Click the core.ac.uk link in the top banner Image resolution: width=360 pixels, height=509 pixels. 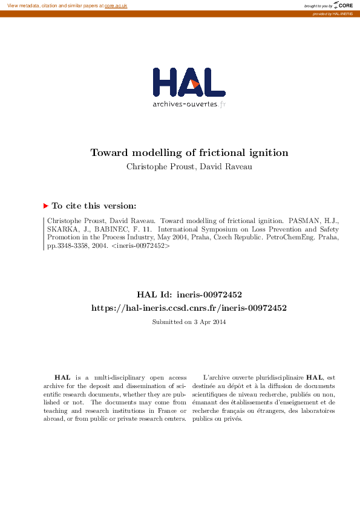click(x=116, y=5)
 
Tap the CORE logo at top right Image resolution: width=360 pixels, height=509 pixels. click(x=343, y=5)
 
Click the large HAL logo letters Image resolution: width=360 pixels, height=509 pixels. click(x=189, y=82)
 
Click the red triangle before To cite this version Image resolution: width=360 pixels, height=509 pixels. click(x=46, y=206)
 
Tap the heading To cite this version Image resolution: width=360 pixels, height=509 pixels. click(x=94, y=206)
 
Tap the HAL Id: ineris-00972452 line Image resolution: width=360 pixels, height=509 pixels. click(x=189, y=295)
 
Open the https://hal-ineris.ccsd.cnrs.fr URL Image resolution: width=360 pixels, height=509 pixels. click(x=189, y=308)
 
